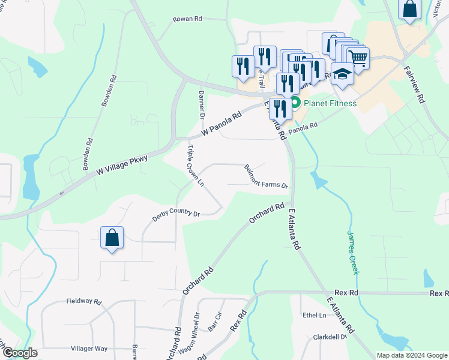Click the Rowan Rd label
188,19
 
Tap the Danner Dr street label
202,105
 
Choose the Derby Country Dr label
175,213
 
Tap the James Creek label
353,253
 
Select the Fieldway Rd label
84,301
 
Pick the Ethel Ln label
314,316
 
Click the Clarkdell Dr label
330,337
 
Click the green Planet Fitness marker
295,103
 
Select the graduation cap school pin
342,74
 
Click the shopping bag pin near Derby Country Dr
112,238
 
